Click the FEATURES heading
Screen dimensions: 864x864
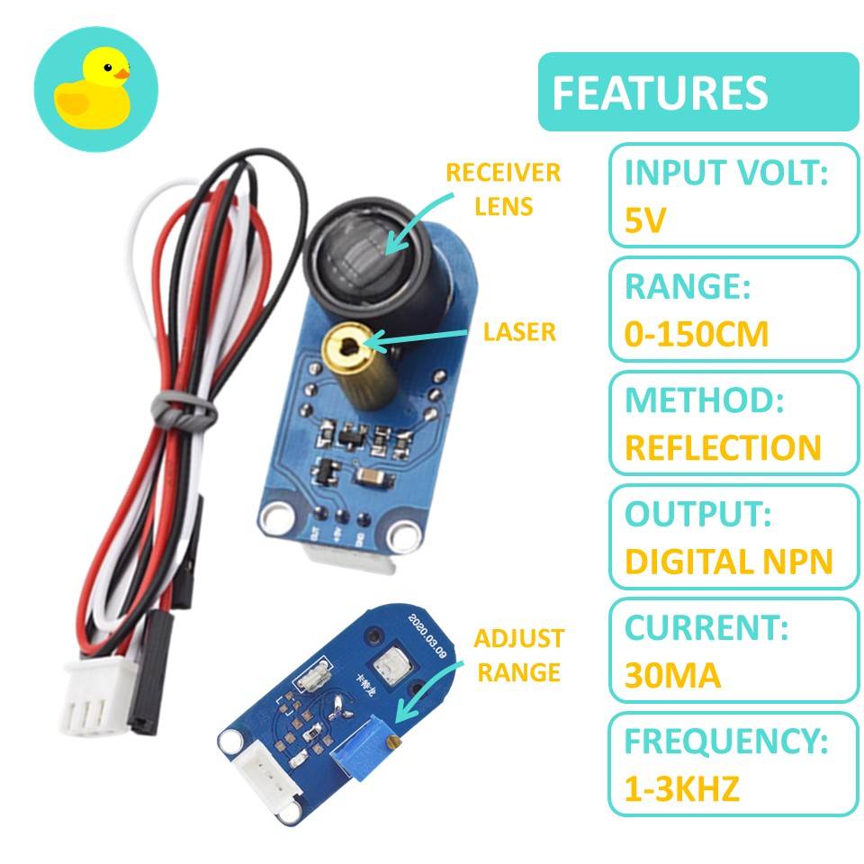(x=660, y=93)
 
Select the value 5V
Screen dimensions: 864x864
(x=644, y=220)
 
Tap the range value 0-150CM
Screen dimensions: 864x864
(x=697, y=334)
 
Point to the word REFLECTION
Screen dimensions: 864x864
(x=723, y=447)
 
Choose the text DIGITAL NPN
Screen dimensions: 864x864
(x=728, y=562)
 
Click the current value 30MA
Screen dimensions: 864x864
(x=672, y=675)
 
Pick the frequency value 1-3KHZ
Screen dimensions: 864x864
(x=681, y=789)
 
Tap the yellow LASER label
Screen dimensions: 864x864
(x=519, y=332)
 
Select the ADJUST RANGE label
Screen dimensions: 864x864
(x=518, y=655)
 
